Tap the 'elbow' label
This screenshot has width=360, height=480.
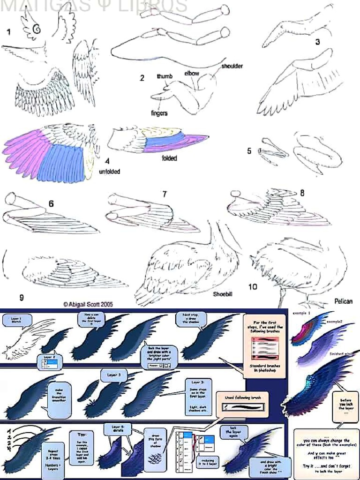pyautogui.click(x=191, y=73)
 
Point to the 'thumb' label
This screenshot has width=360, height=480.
pyautogui.click(x=165, y=76)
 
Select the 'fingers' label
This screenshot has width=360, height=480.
pyautogui.click(x=159, y=113)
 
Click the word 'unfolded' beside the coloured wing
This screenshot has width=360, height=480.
pyautogui.click(x=109, y=172)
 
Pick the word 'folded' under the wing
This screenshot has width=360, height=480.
pyautogui.click(x=169, y=158)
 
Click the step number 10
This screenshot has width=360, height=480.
pyautogui.click(x=253, y=286)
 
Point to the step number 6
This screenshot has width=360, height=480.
pyautogui.click(x=51, y=204)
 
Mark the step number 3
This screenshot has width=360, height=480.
pyautogui.click(x=317, y=42)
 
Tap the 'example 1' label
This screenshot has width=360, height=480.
pyautogui.click(x=302, y=312)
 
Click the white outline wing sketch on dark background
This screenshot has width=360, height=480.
pyautogui.click(x=28, y=340)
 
